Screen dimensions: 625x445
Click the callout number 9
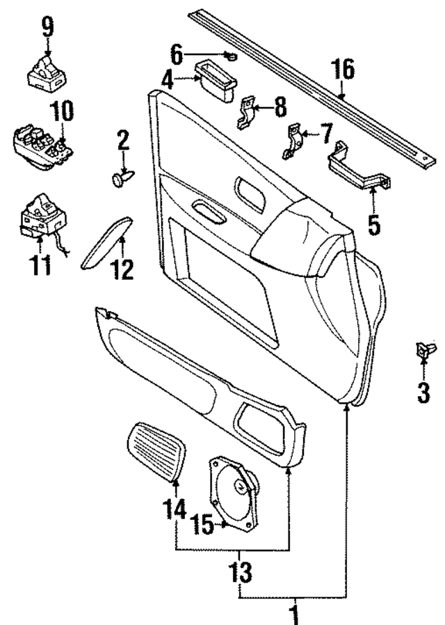[x=47, y=27]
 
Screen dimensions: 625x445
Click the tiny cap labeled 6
[x=232, y=54]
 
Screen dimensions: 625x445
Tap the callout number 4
[x=168, y=79]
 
